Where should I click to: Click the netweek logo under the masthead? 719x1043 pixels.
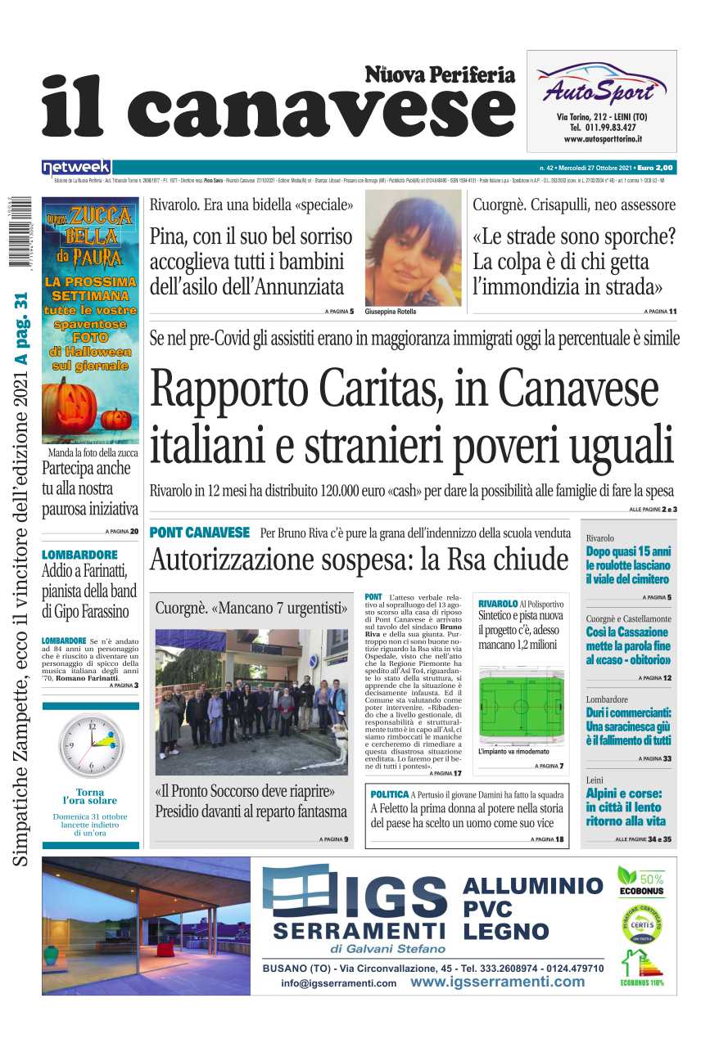pos(76,167)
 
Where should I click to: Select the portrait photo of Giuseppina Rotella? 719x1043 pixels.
pos(413,248)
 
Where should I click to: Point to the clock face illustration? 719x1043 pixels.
pos(91,744)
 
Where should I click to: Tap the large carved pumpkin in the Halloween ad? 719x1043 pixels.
pos(71,405)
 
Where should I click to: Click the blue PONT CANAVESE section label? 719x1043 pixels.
pos(199,533)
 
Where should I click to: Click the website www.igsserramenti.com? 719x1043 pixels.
pos(497,982)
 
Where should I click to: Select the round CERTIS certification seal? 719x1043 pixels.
pos(641,924)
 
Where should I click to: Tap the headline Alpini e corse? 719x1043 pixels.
pos(624,793)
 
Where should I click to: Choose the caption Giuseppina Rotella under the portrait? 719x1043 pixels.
pos(390,312)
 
